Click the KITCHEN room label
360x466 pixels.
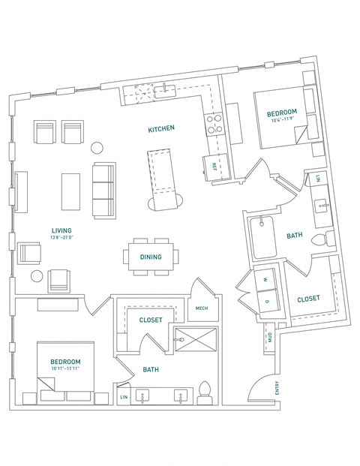tap(161, 129)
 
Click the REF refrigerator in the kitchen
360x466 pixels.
tap(214, 165)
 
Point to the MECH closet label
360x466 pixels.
tap(201, 308)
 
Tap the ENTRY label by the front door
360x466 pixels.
tap(277, 387)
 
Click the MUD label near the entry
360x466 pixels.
tap(269, 337)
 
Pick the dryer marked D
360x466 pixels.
tap(266, 300)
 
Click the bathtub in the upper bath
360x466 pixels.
tap(265, 235)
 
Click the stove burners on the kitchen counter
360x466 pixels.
tap(214, 123)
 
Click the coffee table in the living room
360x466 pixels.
tap(71, 191)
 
